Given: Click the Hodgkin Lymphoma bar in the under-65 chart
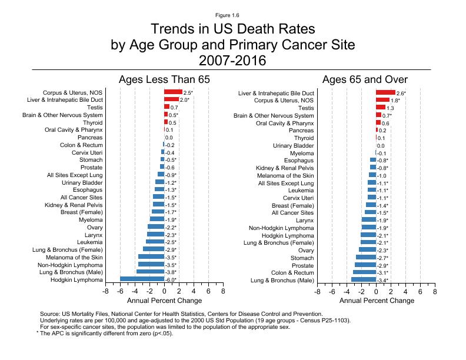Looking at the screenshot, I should coord(142,279).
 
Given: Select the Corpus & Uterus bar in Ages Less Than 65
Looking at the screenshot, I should coord(173,93).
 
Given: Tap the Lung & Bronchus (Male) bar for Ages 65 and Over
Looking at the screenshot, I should coord(364,279).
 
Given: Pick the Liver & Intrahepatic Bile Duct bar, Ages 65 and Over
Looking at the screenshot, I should coord(385,93).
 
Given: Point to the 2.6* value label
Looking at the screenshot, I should coord(401,94).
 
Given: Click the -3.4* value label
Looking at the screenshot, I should coord(382,280).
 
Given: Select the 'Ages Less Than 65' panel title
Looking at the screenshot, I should coord(164,79).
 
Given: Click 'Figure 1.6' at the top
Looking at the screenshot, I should coord(232,14).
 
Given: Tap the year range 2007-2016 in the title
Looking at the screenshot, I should coord(232,61).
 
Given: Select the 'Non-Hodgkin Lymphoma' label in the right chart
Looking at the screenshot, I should coord(281,228).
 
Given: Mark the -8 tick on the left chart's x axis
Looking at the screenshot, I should coord(105,291).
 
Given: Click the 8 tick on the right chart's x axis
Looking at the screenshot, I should coord(435,291).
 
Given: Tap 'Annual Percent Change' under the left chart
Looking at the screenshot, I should coord(164,301).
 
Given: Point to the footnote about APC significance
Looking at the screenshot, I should coord(105,334).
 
